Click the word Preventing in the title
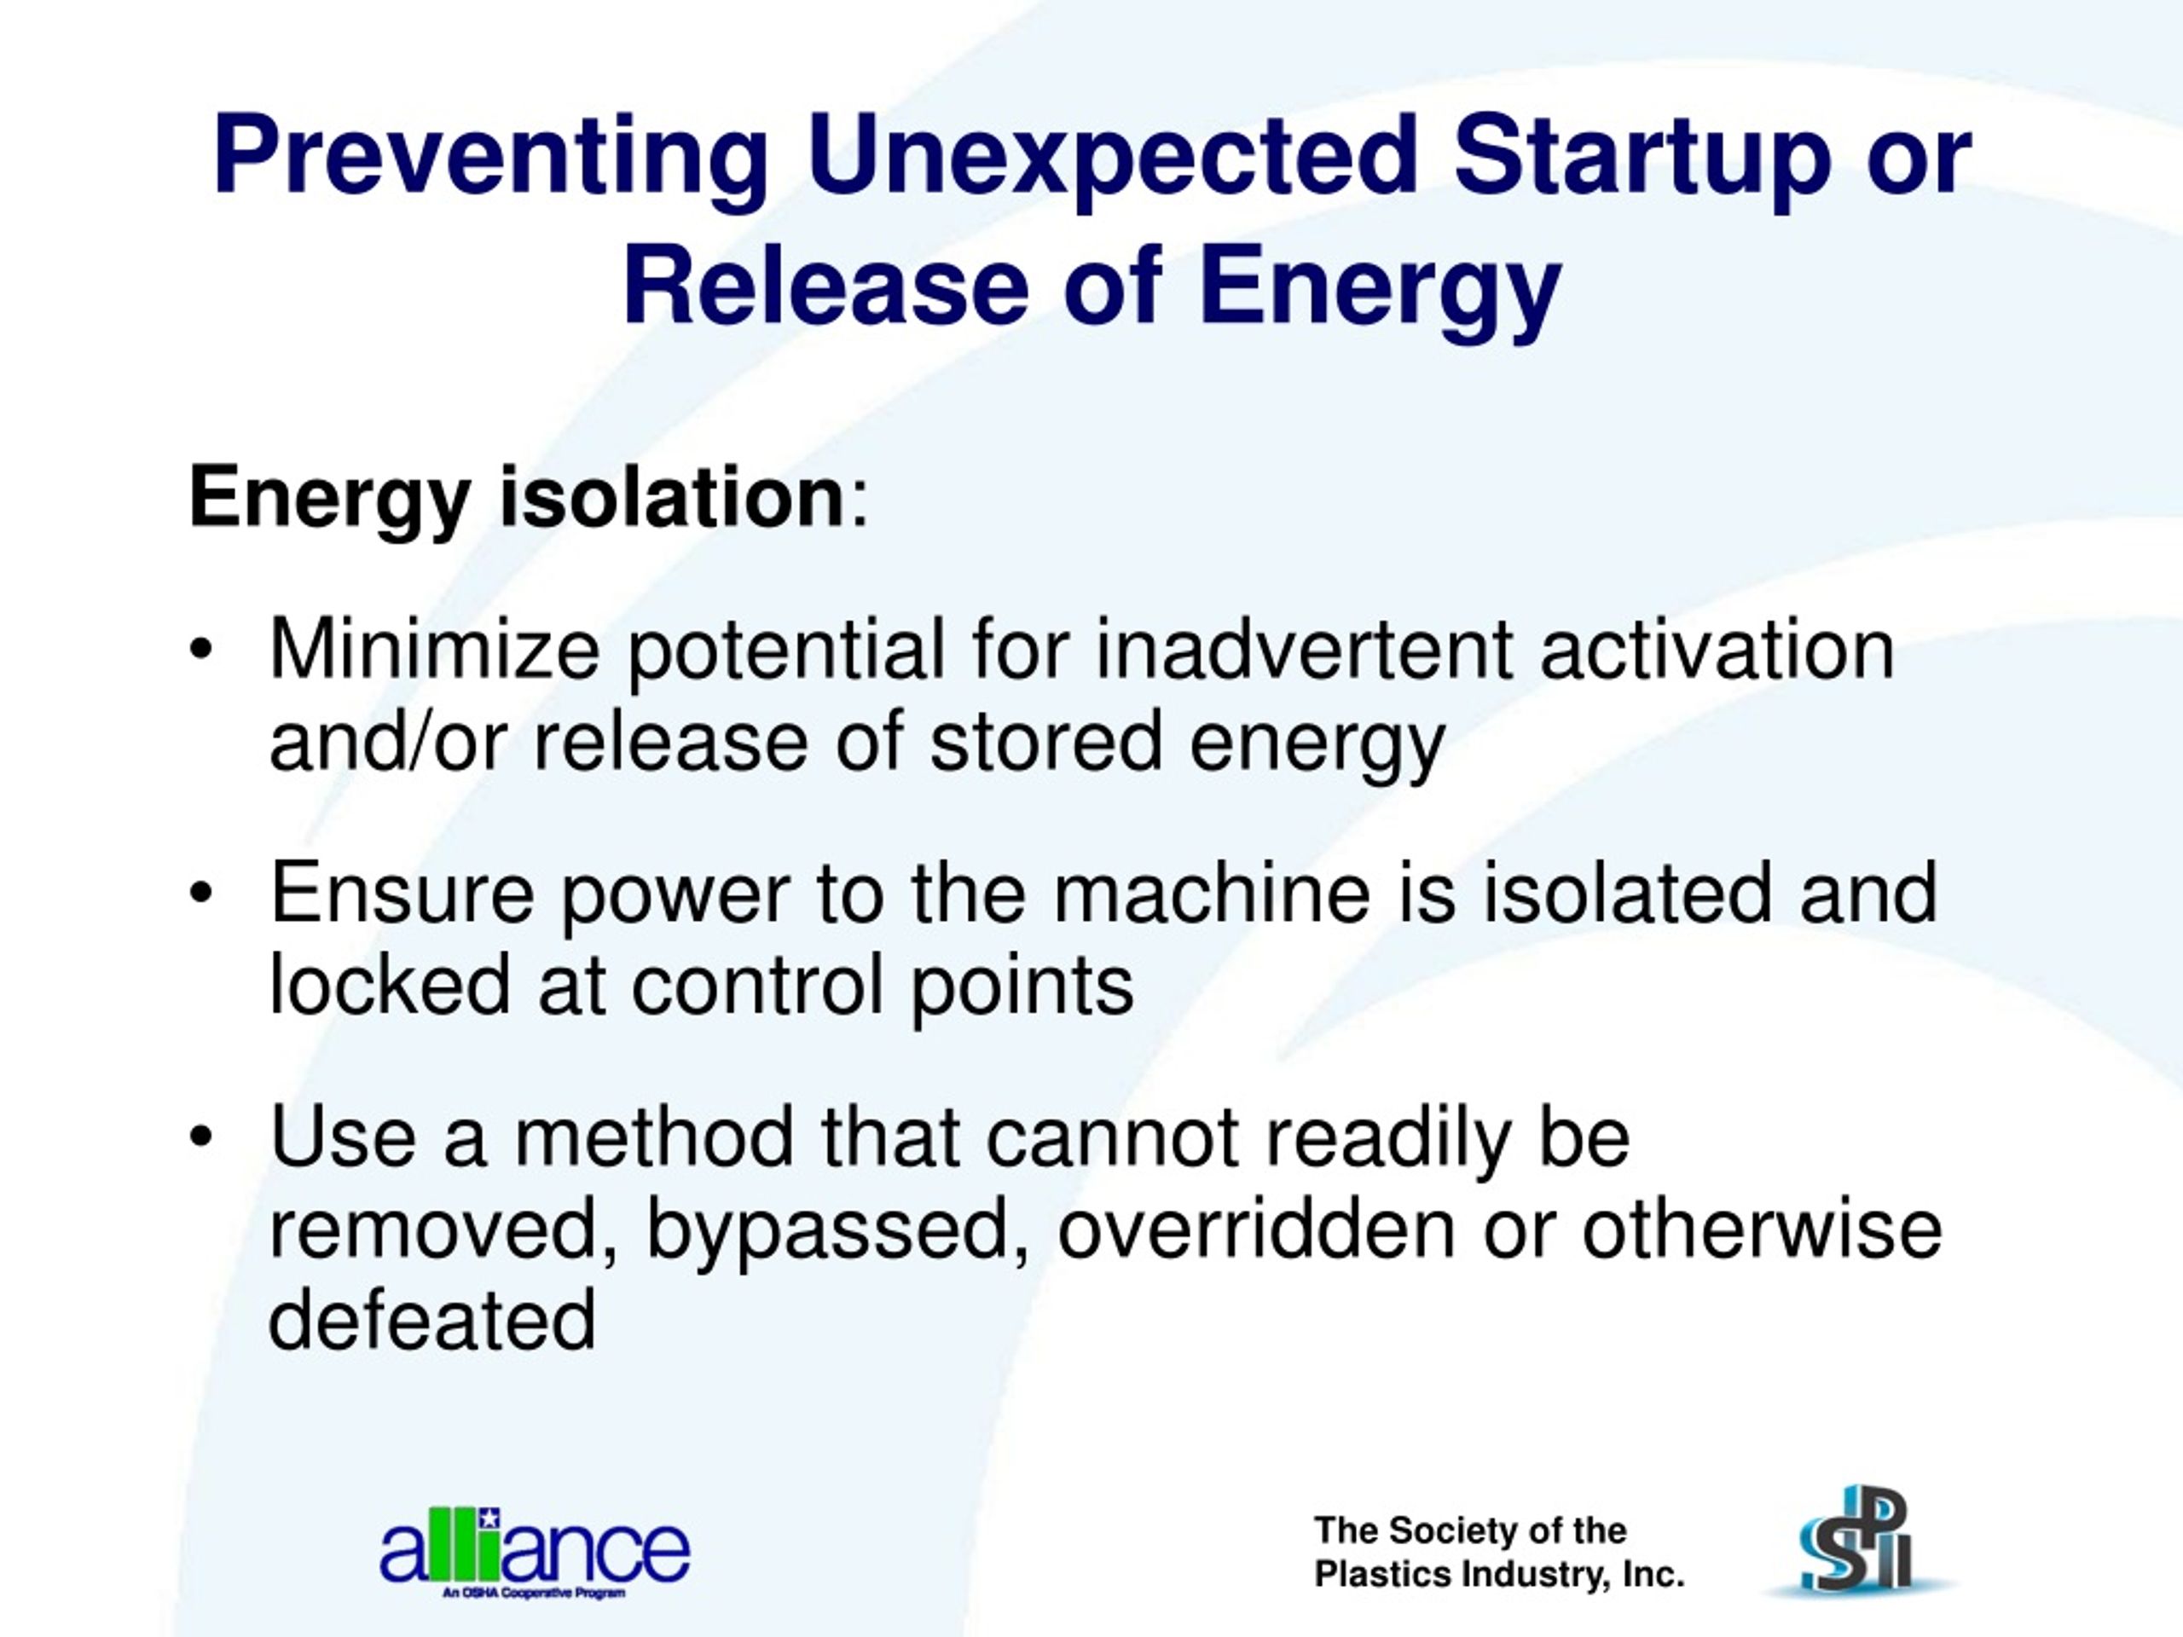click(x=489, y=157)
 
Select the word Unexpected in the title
click(x=1111, y=157)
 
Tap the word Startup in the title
click(x=1642, y=157)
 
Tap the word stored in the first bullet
click(x=1046, y=741)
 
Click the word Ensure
click(x=402, y=892)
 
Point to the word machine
click(x=1212, y=892)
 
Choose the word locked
click(x=390, y=985)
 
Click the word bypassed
click(x=838, y=1229)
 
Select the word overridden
click(x=1256, y=1229)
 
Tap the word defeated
click(x=432, y=1320)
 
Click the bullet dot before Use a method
click(x=201, y=1137)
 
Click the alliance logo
click(x=535, y=1552)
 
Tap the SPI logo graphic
click(x=1856, y=1543)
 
